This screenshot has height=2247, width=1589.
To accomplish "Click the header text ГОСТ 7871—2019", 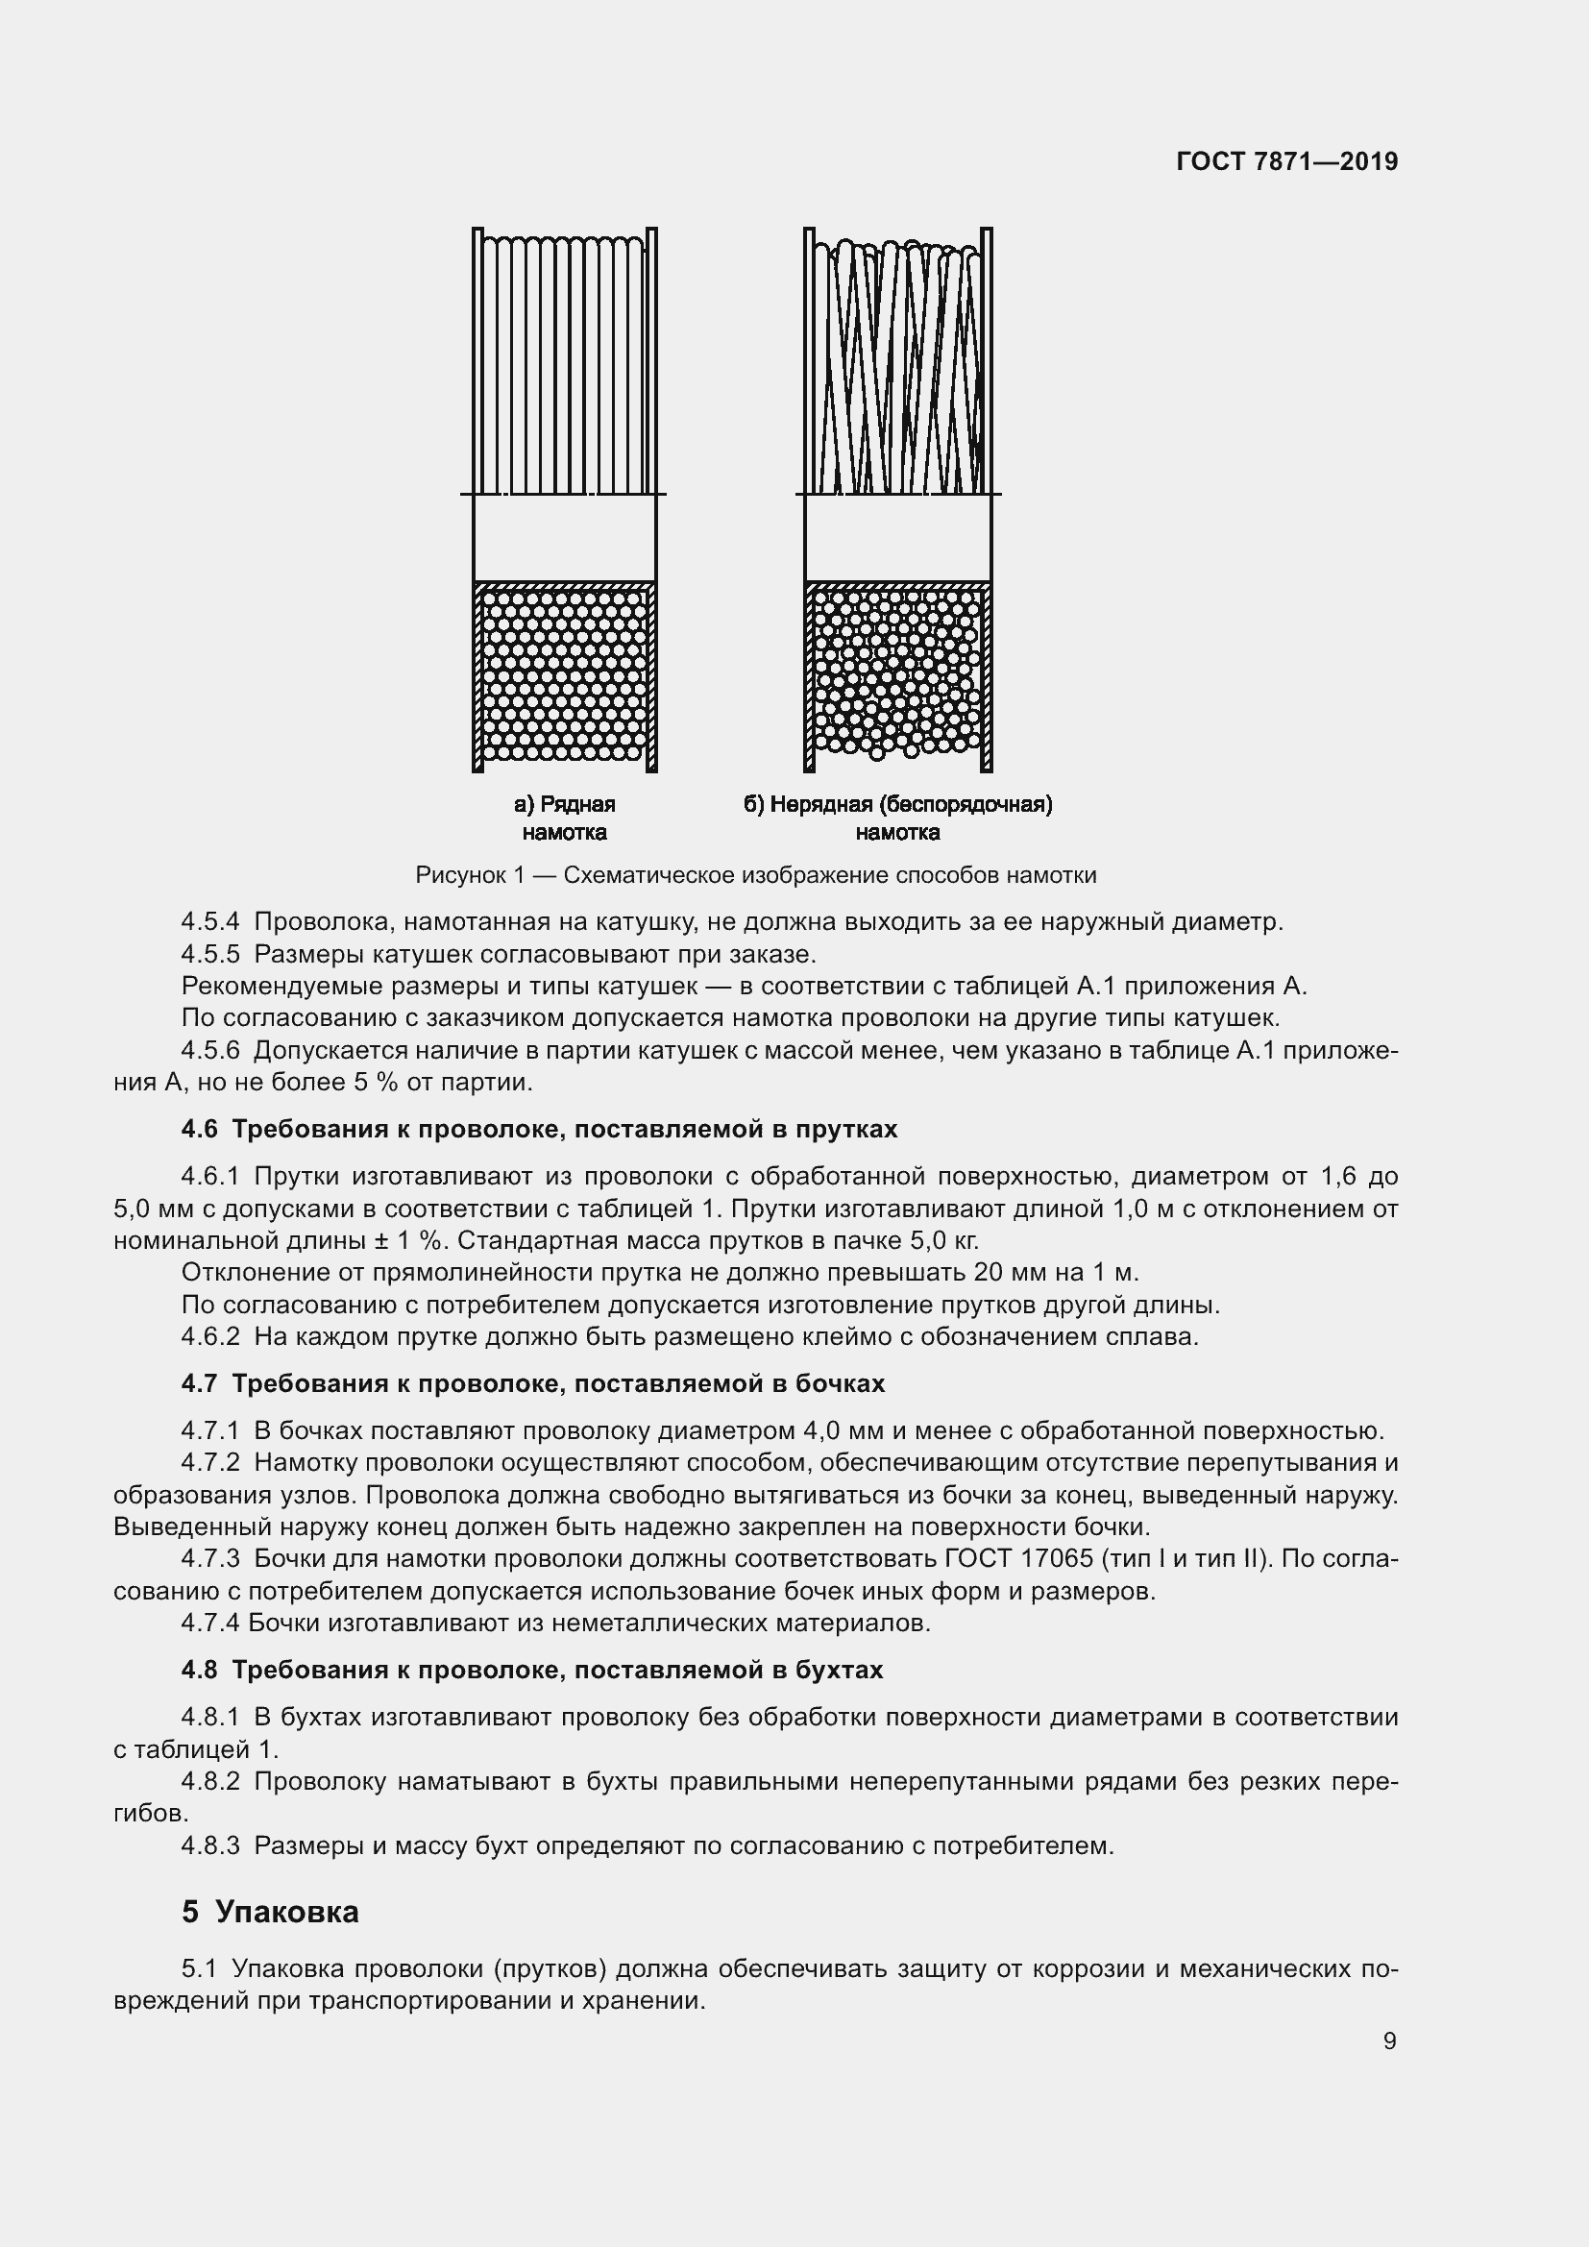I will pyautogui.click(x=1286, y=161).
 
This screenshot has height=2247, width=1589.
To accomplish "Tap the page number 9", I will pyautogui.click(x=1389, y=2040).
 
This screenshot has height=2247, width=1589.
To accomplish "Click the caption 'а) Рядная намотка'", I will pyautogui.click(x=565, y=818).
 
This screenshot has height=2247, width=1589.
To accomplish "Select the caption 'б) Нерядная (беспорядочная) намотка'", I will pyautogui.click(x=897, y=818).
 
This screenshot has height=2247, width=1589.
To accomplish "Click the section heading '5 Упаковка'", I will pyautogui.click(x=270, y=1912).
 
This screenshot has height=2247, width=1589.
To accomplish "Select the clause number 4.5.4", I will pyautogui.click(x=210, y=922).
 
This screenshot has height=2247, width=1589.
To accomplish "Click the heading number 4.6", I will pyautogui.click(x=200, y=1129).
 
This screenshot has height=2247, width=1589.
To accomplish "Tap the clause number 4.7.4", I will pyautogui.click(x=210, y=1623).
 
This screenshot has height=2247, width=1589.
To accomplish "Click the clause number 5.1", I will pyautogui.click(x=203, y=1968).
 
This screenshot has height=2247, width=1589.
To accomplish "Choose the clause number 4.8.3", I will pyautogui.click(x=210, y=1845).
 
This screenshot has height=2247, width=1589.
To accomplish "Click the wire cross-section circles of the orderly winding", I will pyautogui.click(x=565, y=675).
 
